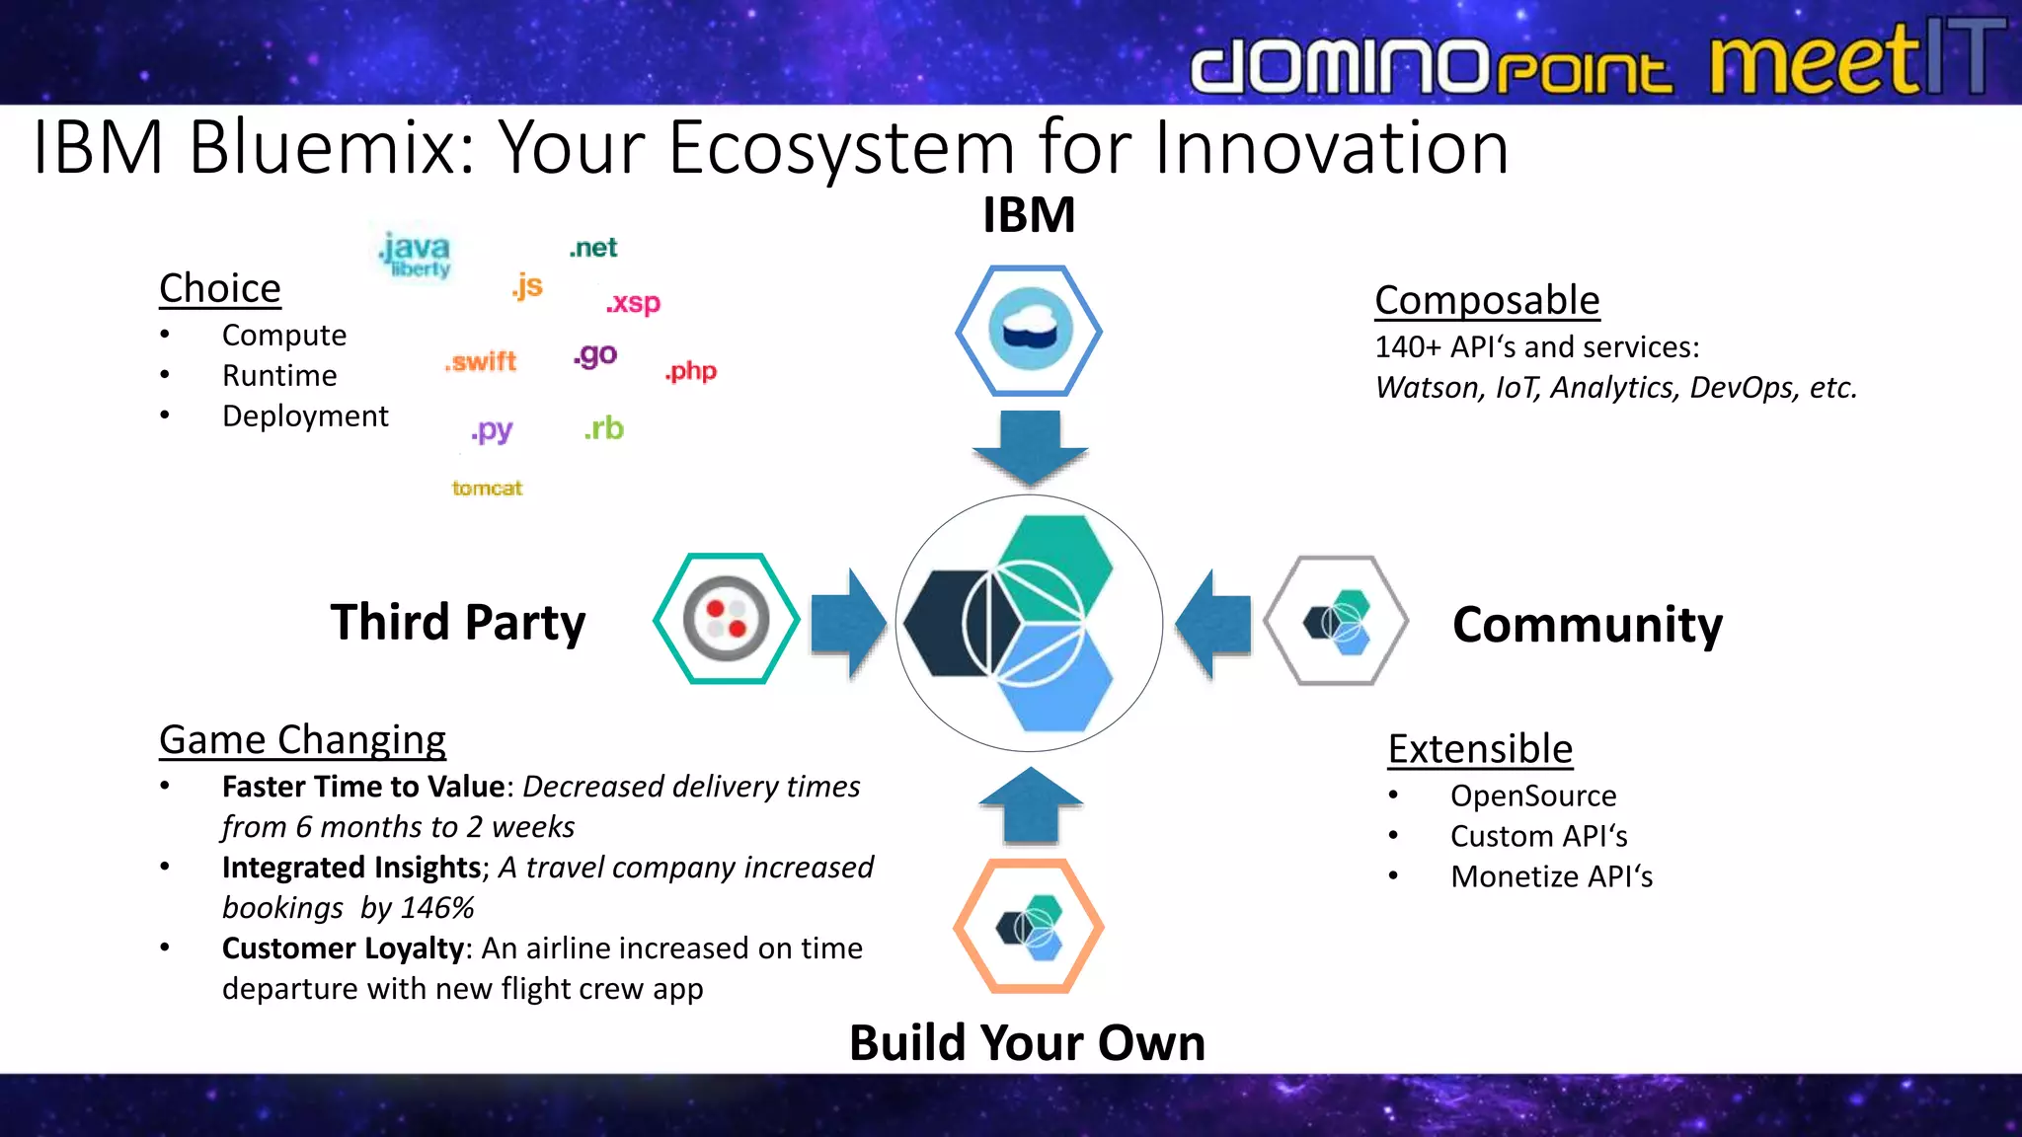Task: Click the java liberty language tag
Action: point(416,254)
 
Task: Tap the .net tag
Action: point(592,248)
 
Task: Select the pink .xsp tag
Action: point(633,302)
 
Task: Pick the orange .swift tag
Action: point(481,361)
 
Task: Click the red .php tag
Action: point(690,371)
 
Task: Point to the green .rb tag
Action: point(603,428)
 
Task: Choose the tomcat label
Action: point(487,488)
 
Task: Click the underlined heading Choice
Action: point(220,288)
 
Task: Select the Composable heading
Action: point(1487,300)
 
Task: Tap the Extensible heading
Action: point(1480,749)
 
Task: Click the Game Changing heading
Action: point(302,739)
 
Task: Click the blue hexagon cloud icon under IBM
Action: point(1029,331)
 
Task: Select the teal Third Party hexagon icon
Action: point(727,619)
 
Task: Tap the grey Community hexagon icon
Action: point(1336,621)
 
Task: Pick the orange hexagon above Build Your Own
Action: point(1029,926)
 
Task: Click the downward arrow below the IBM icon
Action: point(1030,447)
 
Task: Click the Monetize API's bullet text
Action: point(1550,876)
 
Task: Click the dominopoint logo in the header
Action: point(1431,65)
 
